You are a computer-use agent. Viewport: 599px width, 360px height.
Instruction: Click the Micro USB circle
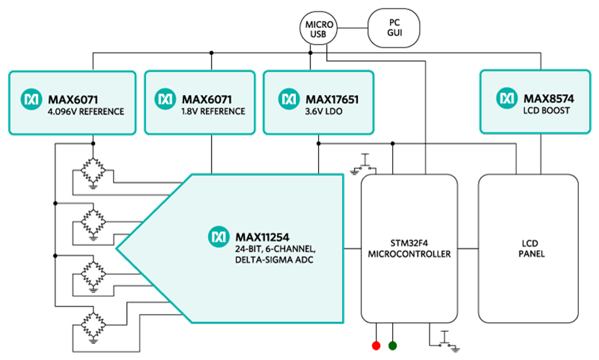pyautogui.click(x=319, y=30)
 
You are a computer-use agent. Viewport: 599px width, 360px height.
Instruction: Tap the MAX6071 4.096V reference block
pyautogui.click(x=72, y=102)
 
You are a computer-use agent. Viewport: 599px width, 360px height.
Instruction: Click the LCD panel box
pyautogui.click(x=527, y=248)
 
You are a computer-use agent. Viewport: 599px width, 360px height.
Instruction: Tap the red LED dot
pyautogui.click(x=375, y=346)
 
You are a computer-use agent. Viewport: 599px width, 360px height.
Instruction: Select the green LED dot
pyautogui.click(x=393, y=346)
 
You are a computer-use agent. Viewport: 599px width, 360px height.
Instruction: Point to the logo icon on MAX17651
pyautogui.click(x=289, y=97)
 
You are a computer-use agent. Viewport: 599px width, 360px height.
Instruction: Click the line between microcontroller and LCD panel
pyautogui.click(x=467, y=249)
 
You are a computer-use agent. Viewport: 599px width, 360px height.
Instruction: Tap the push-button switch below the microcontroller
pyautogui.click(x=442, y=339)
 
